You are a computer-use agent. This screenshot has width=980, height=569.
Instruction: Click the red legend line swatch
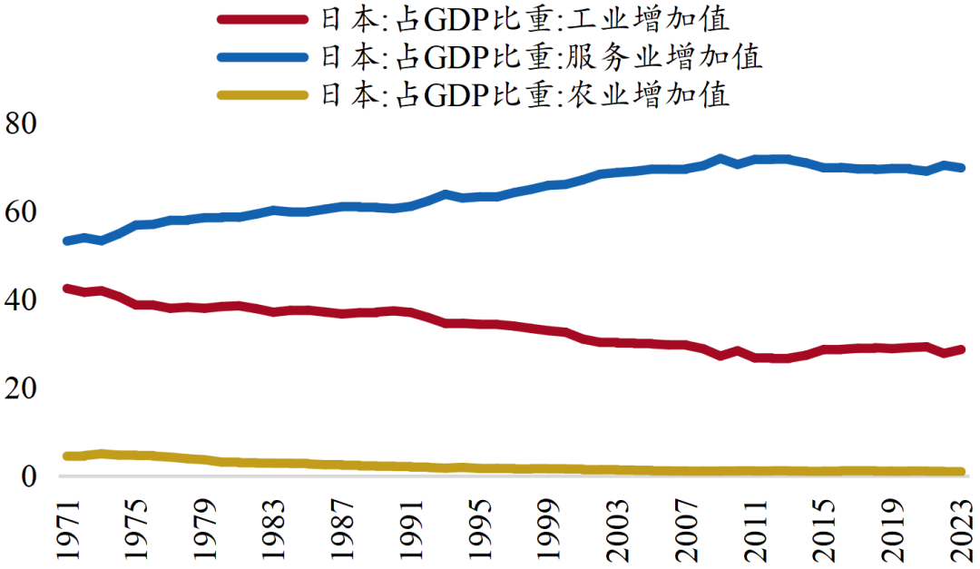(262, 19)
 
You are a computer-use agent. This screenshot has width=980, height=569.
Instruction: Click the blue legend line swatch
(262, 57)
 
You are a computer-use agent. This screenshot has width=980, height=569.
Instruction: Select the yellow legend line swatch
(262, 94)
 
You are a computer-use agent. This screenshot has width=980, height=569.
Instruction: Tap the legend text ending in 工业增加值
(524, 19)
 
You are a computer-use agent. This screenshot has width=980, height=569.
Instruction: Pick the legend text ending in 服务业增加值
(541, 57)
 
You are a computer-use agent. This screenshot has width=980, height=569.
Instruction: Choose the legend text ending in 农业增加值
(524, 94)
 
